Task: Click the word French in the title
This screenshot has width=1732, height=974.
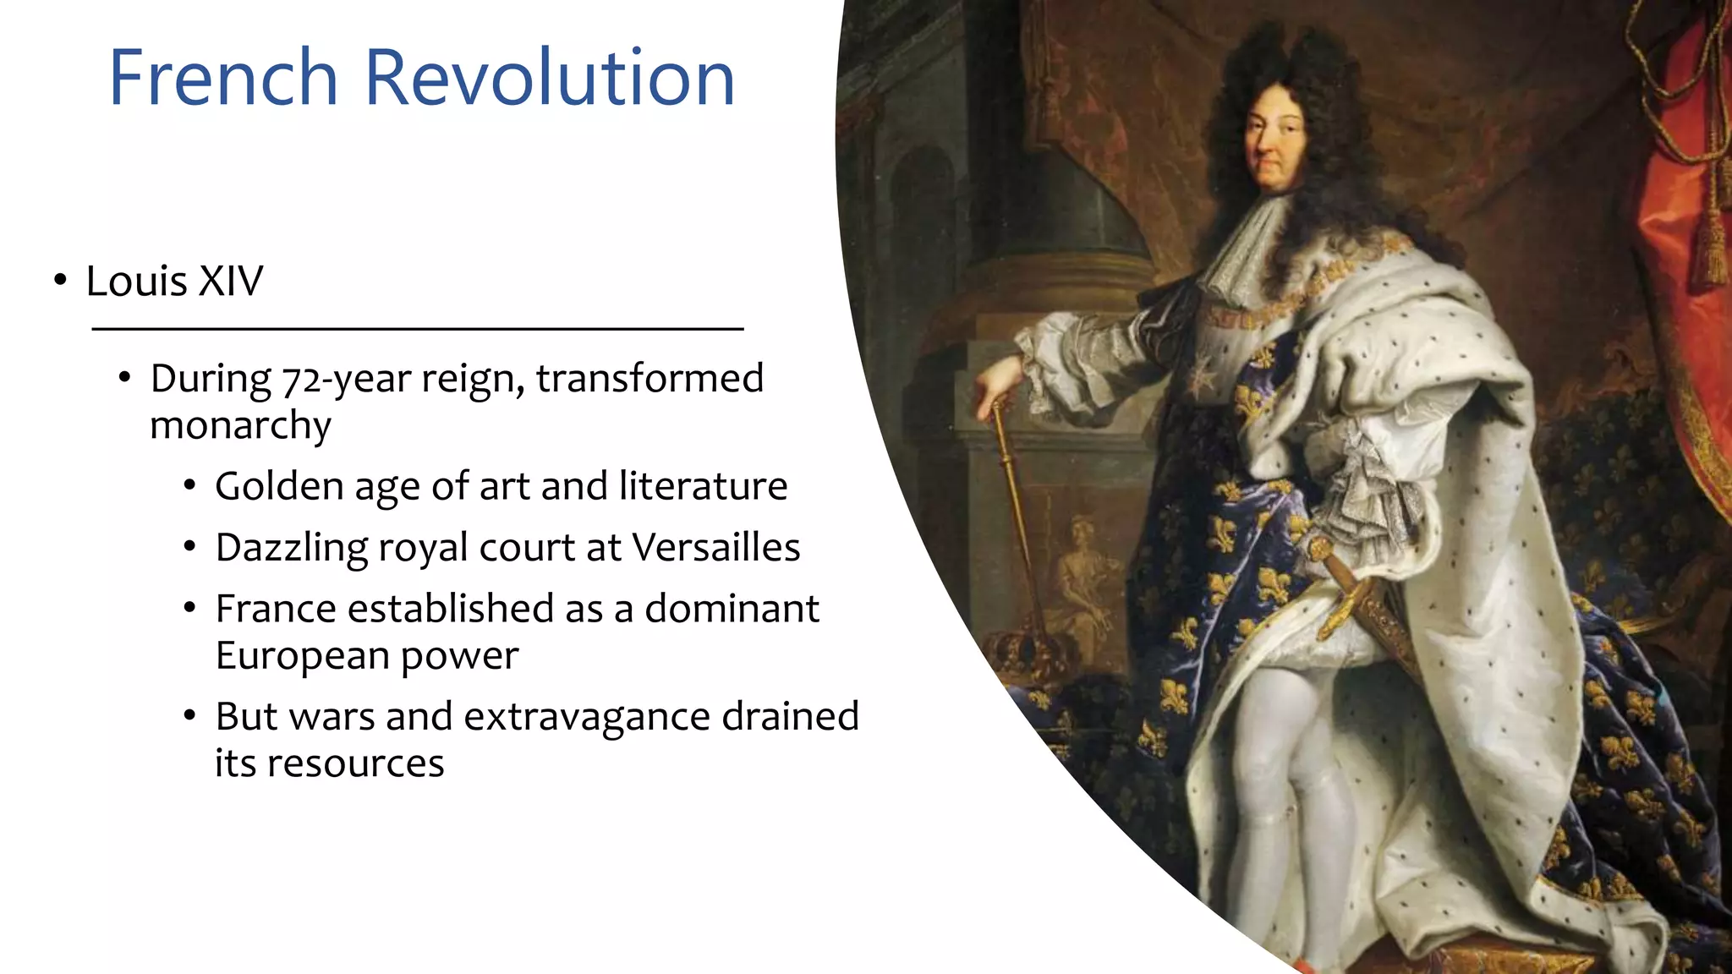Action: [x=223, y=78]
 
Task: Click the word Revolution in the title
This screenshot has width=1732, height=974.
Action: [x=550, y=78]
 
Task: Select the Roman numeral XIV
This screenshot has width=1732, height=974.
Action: [x=231, y=281]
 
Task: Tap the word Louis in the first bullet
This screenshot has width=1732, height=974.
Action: [x=136, y=281]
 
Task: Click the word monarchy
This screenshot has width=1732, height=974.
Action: [x=240, y=425]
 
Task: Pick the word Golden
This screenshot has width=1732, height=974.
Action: [x=279, y=486]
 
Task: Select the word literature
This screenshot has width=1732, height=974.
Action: [x=703, y=486]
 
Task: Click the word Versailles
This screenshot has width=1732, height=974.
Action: [x=715, y=547]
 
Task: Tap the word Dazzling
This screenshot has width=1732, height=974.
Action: [x=292, y=548]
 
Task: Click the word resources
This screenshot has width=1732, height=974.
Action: [x=356, y=763]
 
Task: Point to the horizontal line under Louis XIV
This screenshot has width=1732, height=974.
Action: [x=417, y=328]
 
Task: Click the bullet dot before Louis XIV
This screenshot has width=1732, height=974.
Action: [x=59, y=280]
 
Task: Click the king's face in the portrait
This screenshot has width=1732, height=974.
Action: [x=1274, y=144]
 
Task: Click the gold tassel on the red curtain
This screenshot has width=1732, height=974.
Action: [x=1711, y=245]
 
